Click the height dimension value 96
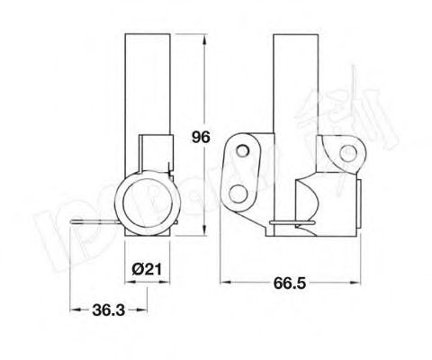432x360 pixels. pos(200,137)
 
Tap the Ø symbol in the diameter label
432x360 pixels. pos(134,269)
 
